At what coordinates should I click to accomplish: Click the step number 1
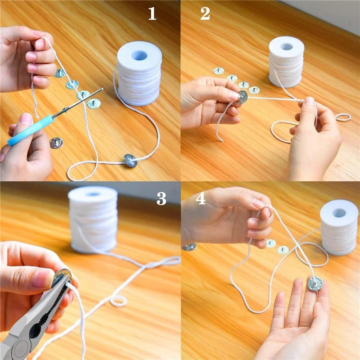[152, 13]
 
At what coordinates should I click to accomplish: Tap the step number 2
[205, 13]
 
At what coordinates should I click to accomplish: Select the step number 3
[161, 198]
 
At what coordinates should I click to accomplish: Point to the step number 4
[200, 198]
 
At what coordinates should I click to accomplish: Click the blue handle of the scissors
[31, 130]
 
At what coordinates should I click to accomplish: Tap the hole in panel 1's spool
[139, 55]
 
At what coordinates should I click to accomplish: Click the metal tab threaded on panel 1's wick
[130, 161]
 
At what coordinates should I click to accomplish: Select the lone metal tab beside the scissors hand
[56, 143]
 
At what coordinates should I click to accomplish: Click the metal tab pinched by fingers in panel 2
[243, 97]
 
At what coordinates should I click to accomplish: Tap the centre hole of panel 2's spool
[286, 47]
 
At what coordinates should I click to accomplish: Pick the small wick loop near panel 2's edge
[343, 117]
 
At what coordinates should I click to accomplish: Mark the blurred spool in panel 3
[93, 219]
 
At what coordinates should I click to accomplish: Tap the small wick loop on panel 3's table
[118, 301]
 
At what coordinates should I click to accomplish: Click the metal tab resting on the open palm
[315, 284]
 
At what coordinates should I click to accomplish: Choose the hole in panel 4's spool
[339, 213]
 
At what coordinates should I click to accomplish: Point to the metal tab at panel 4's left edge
[189, 247]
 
